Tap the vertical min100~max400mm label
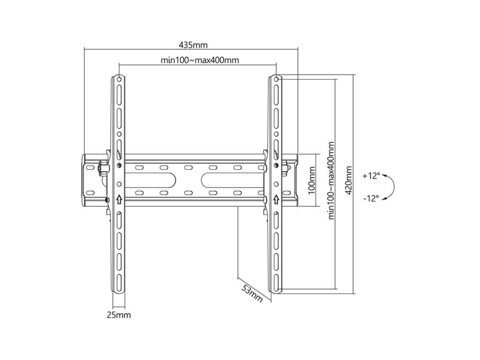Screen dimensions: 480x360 tap(332, 180)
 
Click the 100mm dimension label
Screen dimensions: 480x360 tap(312, 180)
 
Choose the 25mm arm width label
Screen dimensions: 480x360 tap(119, 315)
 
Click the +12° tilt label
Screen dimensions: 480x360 tap(371, 176)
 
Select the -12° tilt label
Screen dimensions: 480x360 tap(371, 198)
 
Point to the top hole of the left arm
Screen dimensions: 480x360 tap(119, 79)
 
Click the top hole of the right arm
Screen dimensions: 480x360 tap(276, 79)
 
